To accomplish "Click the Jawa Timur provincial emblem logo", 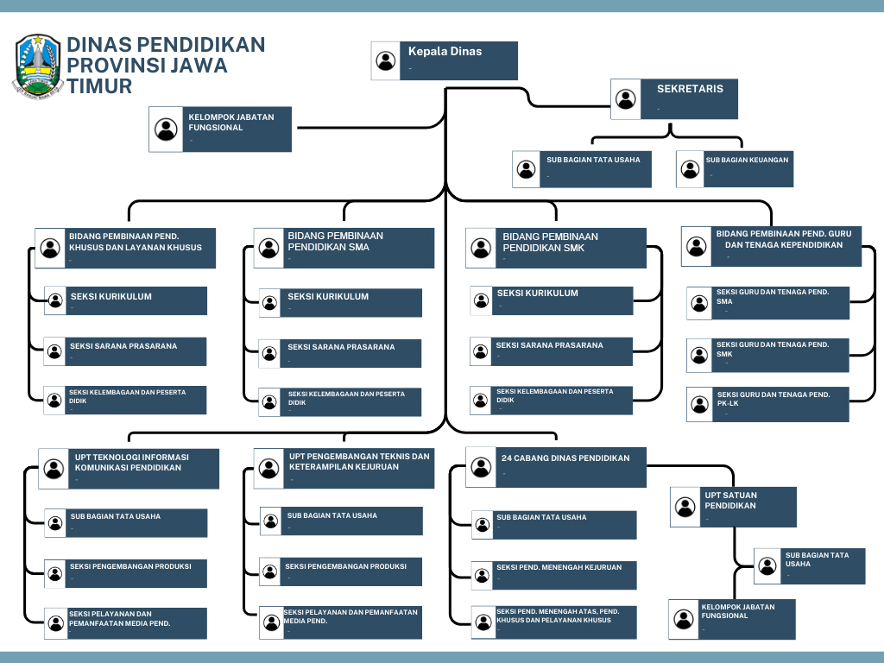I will point(38,65).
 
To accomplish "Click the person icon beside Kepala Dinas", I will point(386,60).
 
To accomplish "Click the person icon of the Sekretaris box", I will point(626,98).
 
